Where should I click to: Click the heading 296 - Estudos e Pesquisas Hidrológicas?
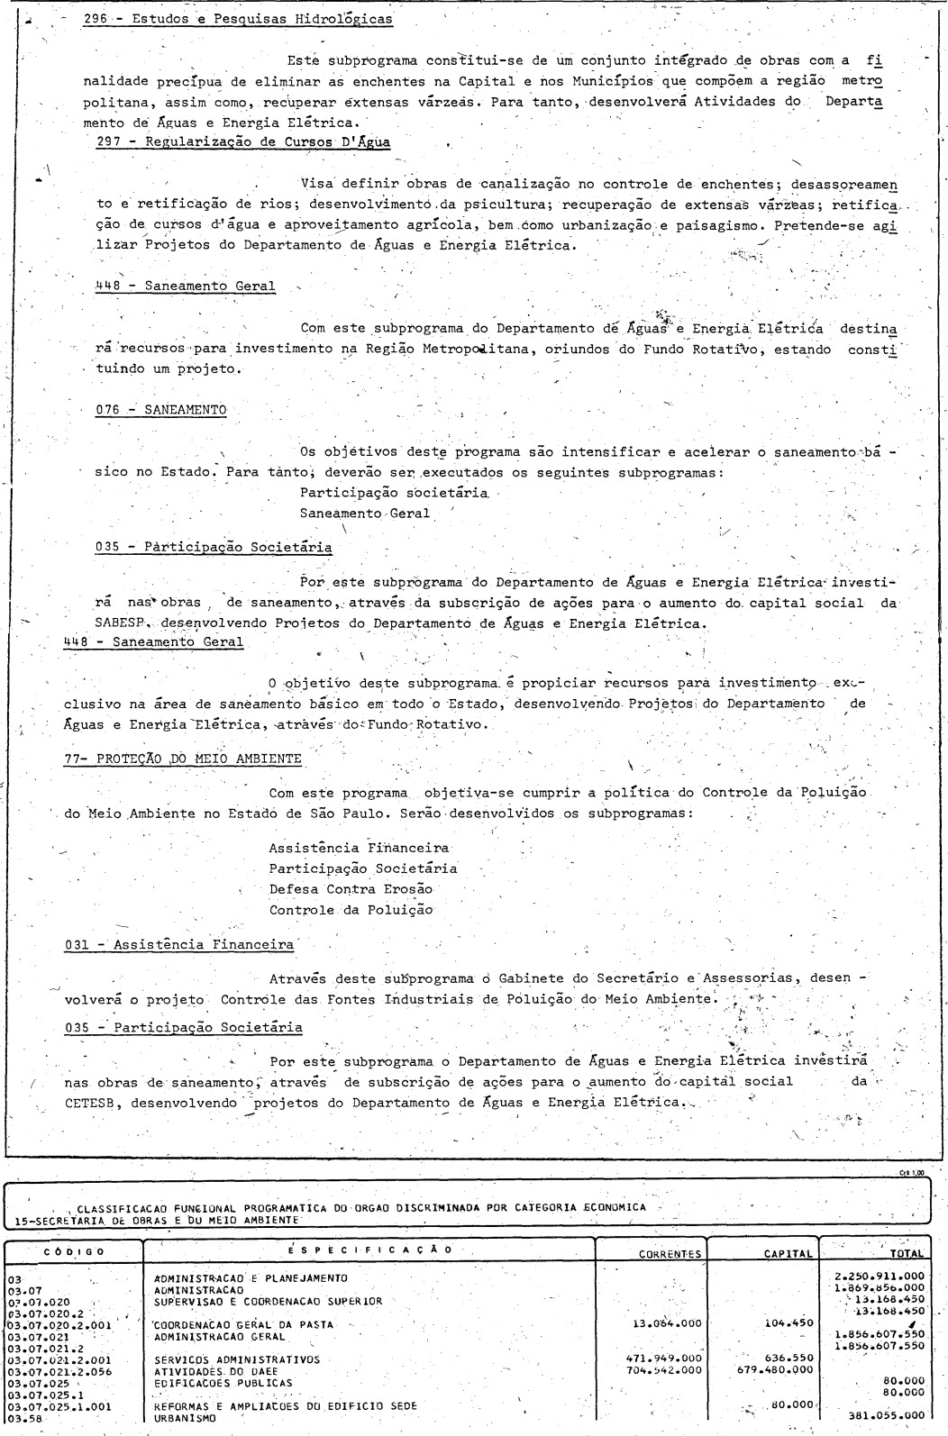click(x=237, y=18)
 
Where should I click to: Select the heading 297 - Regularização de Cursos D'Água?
click(x=243, y=141)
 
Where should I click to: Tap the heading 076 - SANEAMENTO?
click(x=160, y=410)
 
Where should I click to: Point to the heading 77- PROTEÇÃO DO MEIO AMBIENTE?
click(x=183, y=759)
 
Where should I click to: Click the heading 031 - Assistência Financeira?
click(x=179, y=945)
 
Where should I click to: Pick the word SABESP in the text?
click(x=116, y=623)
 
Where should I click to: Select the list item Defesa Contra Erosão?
click(x=351, y=889)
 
